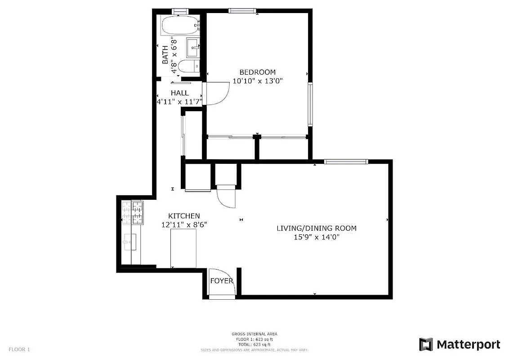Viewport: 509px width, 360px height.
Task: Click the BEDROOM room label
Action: coord(257,72)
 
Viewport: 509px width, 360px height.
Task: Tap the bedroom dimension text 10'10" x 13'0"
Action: coord(257,81)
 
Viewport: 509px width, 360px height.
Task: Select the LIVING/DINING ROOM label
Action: coord(316,228)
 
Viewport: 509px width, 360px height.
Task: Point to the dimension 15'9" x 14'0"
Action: coord(316,237)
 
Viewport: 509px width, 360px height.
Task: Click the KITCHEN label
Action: coord(184,216)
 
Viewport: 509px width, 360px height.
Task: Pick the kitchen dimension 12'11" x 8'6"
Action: coord(184,225)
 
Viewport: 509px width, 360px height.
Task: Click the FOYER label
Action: coord(222,281)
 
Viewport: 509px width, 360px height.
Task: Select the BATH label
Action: coord(165,54)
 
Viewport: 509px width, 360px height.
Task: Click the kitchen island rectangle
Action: coord(183,248)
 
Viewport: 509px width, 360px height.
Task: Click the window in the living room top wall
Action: coord(346,161)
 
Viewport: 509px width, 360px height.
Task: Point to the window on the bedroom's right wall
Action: coord(310,104)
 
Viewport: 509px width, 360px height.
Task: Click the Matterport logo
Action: coord(460,345)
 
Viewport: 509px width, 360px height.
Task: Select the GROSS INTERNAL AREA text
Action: coord(254,334)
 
